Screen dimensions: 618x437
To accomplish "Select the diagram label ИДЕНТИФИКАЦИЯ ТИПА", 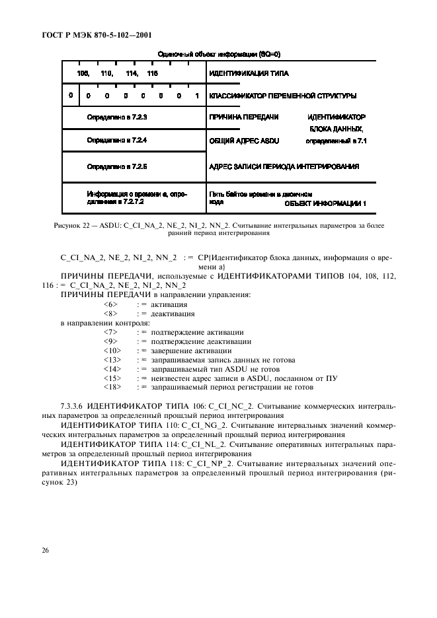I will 249,73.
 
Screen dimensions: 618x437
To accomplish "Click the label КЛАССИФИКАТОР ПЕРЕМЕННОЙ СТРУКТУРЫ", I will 282,96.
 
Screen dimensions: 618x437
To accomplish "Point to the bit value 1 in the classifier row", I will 197,96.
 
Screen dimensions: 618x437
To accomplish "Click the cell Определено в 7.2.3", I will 116,118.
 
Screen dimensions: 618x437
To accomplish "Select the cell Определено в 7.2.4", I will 116,141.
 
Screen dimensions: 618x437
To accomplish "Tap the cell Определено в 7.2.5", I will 116,167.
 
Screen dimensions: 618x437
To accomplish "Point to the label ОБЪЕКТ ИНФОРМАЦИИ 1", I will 325,204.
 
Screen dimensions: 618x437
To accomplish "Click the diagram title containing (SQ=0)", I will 215,54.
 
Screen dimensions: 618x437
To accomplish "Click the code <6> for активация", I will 110,304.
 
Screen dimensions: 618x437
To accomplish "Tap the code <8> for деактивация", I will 110,314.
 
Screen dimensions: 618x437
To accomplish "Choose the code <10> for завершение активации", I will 112,351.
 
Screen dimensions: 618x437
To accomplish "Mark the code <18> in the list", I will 112,388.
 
